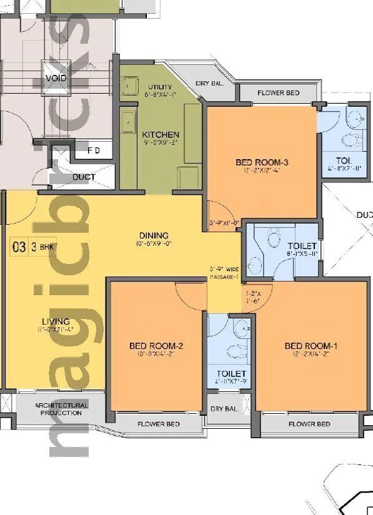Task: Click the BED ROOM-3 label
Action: tap(262, 163)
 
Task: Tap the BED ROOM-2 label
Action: tap(156, 346)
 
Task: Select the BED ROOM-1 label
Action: tap(311, 346)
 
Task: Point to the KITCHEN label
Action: tap(161, 135)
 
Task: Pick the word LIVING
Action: tap(56, 322)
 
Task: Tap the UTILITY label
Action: tap(160, 87)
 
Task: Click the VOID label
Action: tap(56, 79)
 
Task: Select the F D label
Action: tap(94, 150)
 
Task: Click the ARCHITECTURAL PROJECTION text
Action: tap(61, 409)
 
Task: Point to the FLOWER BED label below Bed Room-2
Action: tap(159, 424)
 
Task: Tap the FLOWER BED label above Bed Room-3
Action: tap(279, 93)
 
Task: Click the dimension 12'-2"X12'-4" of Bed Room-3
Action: tap(262, 170)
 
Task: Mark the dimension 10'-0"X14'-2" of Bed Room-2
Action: tap(156, 354)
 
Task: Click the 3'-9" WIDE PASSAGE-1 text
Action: tap(225, 273)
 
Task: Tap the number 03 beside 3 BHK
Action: tap(19, 247)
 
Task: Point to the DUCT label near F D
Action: tap(84, 177)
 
